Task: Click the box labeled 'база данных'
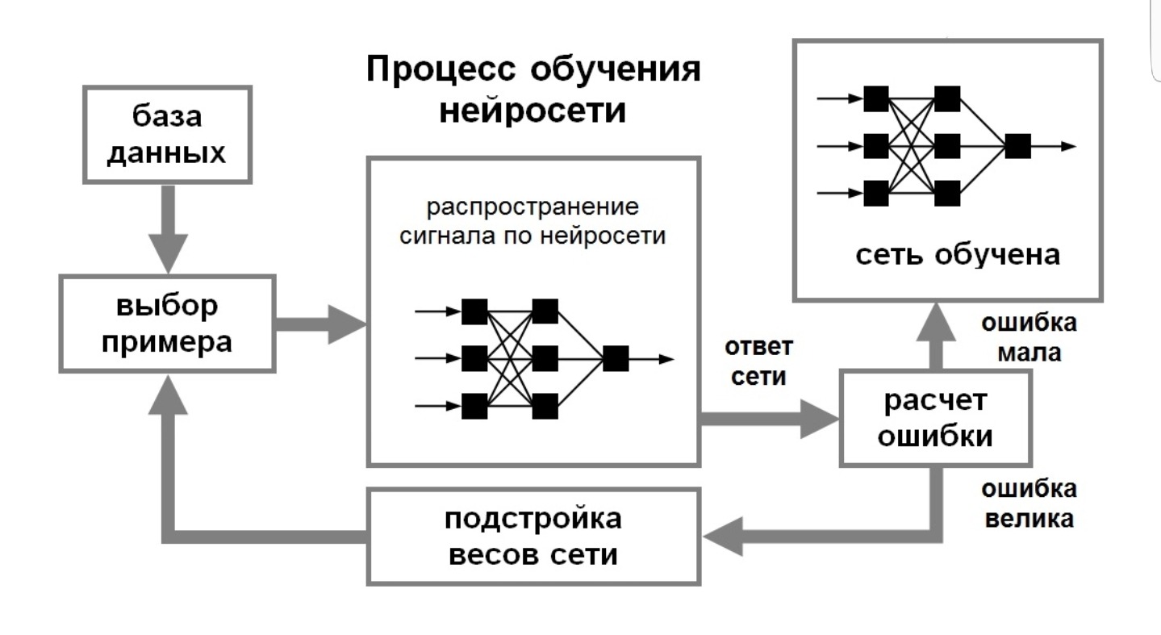[x=167, y=135]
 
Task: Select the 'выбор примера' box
[x=168, y=323]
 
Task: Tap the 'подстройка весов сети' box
[x=533, y=537]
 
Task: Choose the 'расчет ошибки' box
[x=936, y=418]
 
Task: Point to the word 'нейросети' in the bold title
[x=532, y=110]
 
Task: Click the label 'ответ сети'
[x=758, y=362]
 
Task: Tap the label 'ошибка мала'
[x=1029, y=337]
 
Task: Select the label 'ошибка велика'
[x=1029, y=503]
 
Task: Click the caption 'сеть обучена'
[x=957, y=255]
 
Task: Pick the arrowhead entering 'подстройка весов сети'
[x=722, y=537]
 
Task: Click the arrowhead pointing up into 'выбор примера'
[x=168, y=395]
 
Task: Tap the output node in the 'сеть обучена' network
[x=1017, y=146]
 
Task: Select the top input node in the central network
[x=474, y=311]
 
